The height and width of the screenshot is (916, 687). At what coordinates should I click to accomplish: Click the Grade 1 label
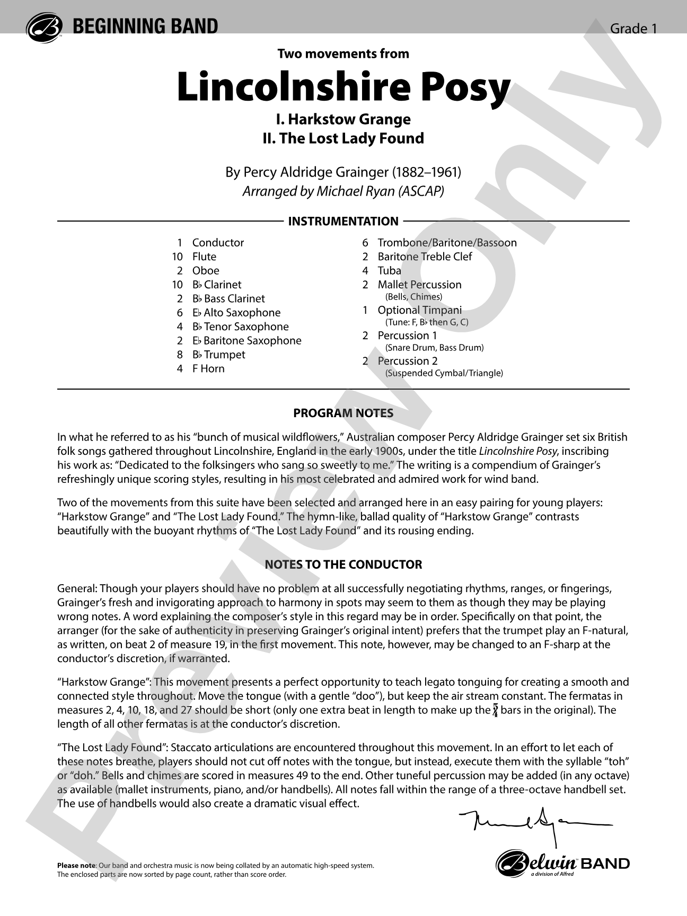pyautogui.click(x=633, y=29)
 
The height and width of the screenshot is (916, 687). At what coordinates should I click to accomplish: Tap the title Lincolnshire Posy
pyautogui.click(x=343, y=87)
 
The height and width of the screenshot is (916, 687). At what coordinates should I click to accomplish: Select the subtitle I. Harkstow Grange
pyautogui.click(x=343, y=119)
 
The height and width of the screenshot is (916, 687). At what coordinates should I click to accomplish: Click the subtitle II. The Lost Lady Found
pyautogui.click(x=343, y=138)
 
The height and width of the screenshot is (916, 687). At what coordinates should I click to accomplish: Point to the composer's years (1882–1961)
pyautogui.click(x=426, y=172)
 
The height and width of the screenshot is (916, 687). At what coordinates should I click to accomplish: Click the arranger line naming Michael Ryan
pyautogui.click(x=343, y=191)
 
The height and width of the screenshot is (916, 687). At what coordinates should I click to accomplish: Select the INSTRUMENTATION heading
pyautogui.click(x=343, y=221)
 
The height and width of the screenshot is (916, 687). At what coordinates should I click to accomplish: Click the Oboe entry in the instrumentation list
pyautogui.click(x=206, y=270)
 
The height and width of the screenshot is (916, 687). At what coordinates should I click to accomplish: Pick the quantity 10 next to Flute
pyautogui.click(x=177, y=257)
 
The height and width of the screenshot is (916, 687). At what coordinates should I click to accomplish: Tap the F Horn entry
pyautogui.click(x=208, y=368)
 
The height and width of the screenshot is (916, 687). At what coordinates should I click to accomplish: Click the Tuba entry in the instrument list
pyautogui.click(x=389, y=270)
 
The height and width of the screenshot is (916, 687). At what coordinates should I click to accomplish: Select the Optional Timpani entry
pyautogui.click(x=419, y=310)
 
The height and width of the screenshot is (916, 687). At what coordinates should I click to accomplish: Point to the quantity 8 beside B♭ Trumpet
pyautogui.click(x=180, y=355)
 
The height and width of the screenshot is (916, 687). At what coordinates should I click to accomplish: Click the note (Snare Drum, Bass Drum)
pyautogui.click(x=434, y=348)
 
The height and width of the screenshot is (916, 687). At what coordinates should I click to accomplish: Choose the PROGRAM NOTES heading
pyautogui.click(x=343, y=413)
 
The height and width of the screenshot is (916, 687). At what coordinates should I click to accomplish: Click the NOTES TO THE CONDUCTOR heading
pyautogui.click(x=343, y=565)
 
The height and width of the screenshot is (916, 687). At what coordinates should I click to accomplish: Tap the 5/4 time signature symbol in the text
pyautogui.click(x=495, y=710)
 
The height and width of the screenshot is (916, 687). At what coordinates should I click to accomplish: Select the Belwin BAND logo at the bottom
pyautogui.click(x=562, y=864)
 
